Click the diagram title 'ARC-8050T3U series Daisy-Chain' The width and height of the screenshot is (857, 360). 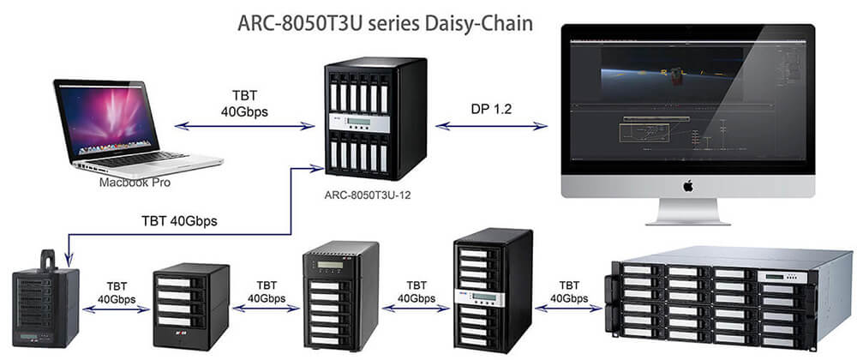pyautogui.click(x=385, y=21)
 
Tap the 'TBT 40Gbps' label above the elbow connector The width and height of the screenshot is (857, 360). pyautogui.click(x=179, y=220)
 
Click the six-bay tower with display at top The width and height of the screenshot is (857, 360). pyautogui.click(x=340, y=296)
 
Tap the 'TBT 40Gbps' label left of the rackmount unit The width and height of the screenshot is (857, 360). pyautogui.click(x=568, y=291)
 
